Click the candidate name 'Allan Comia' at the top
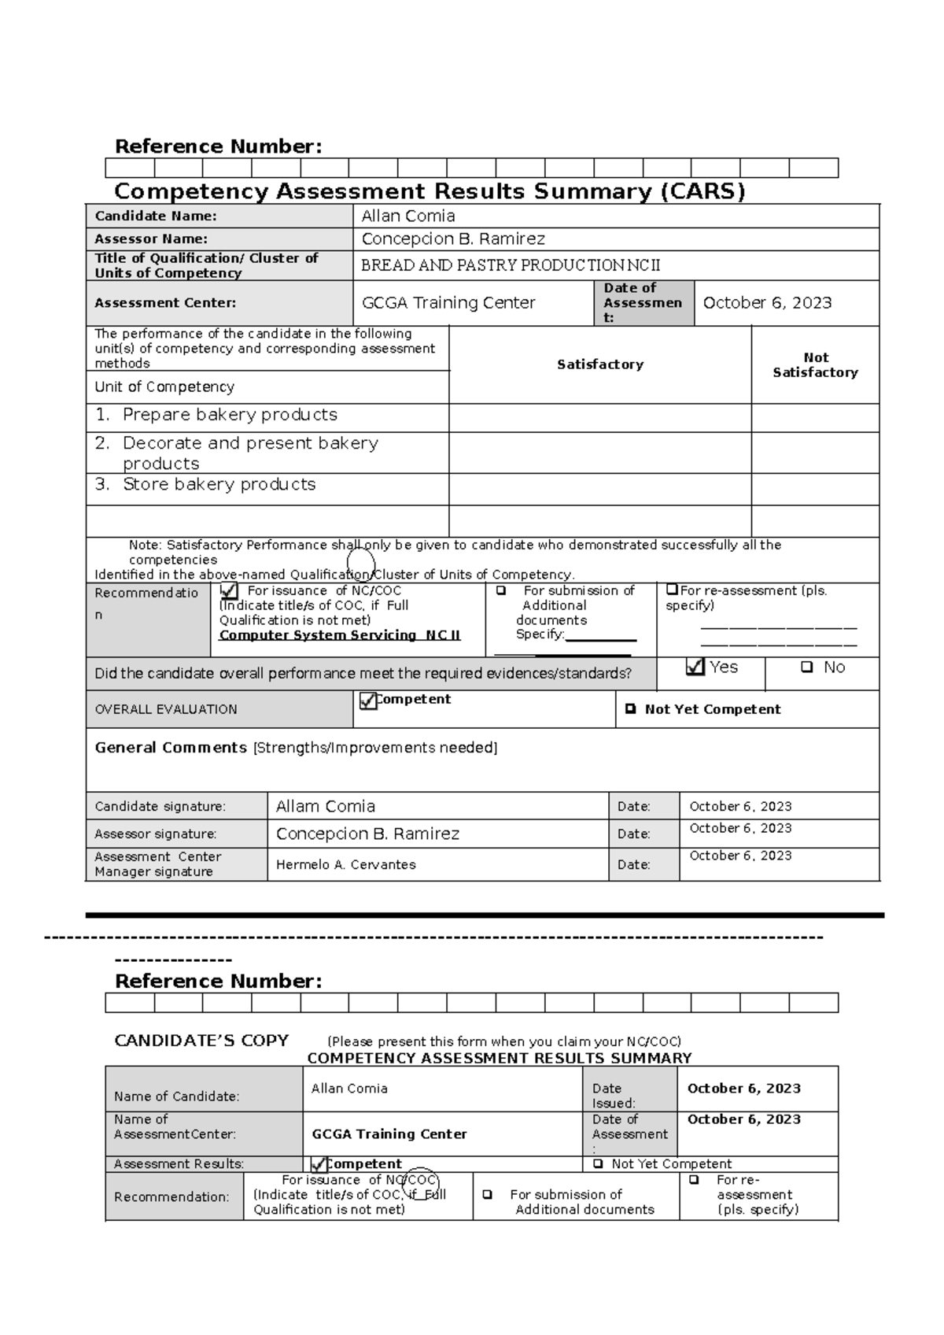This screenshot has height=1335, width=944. coord(407,216)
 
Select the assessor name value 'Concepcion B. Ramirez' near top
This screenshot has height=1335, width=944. coord(453,239)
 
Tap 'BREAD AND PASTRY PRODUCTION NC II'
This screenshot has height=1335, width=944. coord(511,266)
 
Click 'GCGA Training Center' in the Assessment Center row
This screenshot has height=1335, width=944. coord(448,303)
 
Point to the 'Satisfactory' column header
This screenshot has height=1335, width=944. coord(600,364)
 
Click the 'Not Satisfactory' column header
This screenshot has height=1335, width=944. coord(815,365)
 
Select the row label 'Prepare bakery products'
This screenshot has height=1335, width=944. coord(230,415)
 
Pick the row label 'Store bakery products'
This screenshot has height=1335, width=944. coord(219,485)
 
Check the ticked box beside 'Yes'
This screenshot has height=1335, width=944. coord(695,667)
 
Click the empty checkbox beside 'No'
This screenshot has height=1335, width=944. coord(806,667)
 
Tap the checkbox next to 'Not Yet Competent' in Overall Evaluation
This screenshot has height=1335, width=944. coord(630,709)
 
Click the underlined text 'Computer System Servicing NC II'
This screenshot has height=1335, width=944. coord(340,635)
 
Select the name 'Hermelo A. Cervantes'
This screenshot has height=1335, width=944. coord(346,865)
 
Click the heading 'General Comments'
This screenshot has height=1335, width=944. coord(171,748)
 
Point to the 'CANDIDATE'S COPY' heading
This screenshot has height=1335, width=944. coord(201,1041)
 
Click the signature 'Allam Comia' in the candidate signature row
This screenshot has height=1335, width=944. coord(326,807)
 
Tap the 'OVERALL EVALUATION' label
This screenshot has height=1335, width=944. coord(166,710)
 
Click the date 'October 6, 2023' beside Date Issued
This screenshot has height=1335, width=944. coord(744,1089)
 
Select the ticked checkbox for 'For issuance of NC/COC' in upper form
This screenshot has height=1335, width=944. coord(229,590)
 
